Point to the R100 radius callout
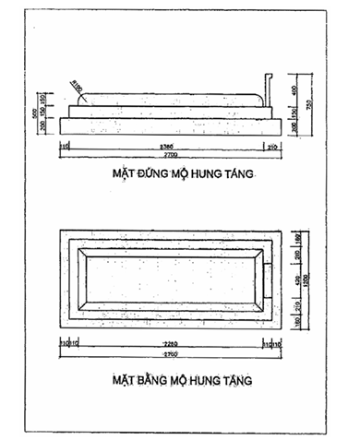pos(78,89)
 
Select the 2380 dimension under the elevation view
pos(166,146)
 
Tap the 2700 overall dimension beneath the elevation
pos(167,158)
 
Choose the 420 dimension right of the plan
pos(296,279)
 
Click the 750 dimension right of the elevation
pos(308,104)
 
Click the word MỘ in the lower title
pos(189,380)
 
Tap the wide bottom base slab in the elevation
pos(166,125)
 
